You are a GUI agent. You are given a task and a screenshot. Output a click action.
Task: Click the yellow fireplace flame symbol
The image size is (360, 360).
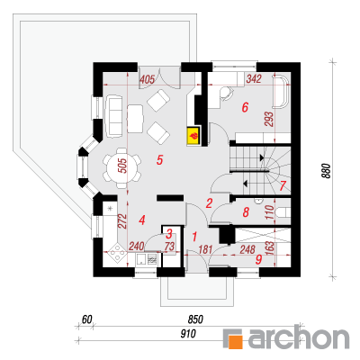193,136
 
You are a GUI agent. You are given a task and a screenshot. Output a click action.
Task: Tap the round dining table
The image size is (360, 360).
121,168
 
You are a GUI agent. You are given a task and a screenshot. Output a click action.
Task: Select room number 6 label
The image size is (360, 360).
245,107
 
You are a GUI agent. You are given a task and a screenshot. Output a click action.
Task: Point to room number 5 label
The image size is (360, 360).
159,160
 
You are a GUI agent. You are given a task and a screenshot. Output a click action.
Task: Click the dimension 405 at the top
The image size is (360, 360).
148,80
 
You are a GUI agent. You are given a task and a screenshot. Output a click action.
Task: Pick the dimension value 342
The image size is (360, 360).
254,79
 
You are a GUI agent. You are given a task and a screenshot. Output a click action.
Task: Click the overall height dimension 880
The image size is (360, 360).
327,171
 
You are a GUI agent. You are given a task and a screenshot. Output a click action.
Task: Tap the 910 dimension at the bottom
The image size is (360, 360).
188,334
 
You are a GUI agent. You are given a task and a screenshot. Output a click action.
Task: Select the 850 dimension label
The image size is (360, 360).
195,319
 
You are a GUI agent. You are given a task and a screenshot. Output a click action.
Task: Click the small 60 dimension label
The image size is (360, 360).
86,319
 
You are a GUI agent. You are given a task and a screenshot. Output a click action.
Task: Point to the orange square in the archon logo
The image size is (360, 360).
235,342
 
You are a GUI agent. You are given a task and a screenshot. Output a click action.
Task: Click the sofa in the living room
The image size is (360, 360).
113,115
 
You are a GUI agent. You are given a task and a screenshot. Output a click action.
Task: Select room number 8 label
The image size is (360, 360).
246,212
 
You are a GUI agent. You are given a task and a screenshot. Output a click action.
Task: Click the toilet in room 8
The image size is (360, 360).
283,212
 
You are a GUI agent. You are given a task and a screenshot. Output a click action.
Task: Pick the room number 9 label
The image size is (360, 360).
258,260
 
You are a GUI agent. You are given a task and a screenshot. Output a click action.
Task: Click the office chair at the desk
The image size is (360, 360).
226,93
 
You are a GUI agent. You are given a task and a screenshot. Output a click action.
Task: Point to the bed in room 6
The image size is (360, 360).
281,92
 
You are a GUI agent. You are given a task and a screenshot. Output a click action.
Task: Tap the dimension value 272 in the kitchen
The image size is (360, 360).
122,220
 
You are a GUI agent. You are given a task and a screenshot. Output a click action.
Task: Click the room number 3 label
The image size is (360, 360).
169,233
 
